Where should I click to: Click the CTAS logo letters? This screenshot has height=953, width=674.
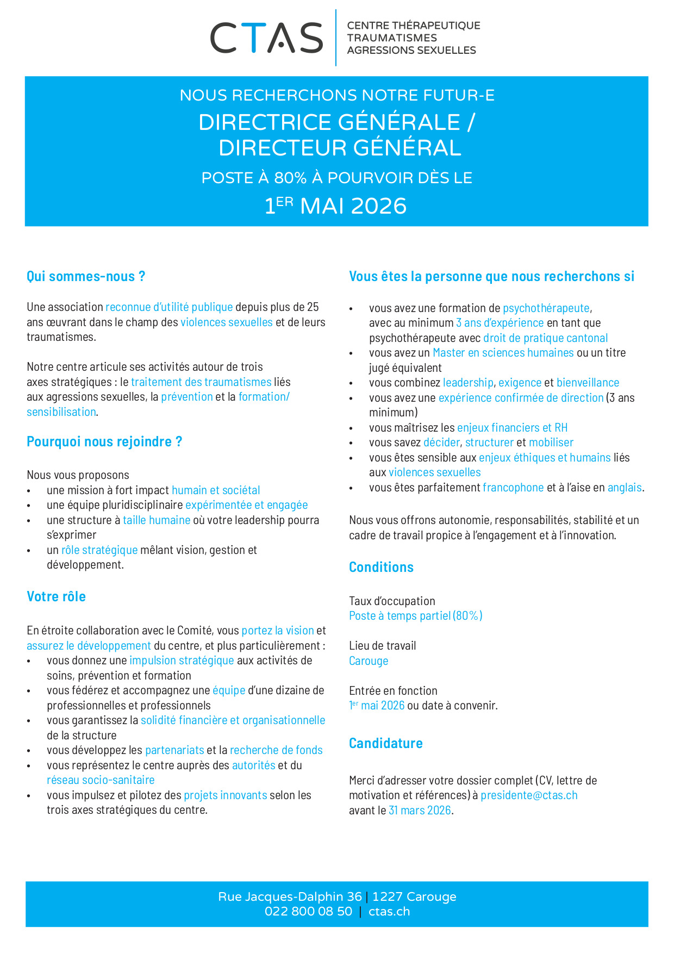click(x=266, y=38)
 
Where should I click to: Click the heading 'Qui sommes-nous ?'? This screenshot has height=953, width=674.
click(x=86, y=276)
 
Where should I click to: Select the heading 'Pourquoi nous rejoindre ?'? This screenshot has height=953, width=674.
click(x=104, y=441)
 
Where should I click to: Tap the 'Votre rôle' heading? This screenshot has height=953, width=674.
click(x=56, y=596)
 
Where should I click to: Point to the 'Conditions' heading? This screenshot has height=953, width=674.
click(x=381, y=567)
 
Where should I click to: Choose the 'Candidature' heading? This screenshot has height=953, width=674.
click(x=385, y=743)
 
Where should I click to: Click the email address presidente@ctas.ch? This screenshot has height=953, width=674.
click(x=529, y=795)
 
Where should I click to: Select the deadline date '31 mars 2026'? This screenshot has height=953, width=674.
click(x=420, y=811)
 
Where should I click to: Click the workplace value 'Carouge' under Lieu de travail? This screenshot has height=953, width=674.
click(x=369, y=661)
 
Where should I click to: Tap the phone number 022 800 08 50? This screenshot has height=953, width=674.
click(x=308, y=912)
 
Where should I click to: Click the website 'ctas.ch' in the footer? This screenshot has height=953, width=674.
click(x=389, y=912)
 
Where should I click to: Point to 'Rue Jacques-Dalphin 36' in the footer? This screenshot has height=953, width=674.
click(x=290, y=897)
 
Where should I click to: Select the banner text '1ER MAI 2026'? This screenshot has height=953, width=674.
click(x=336, y=206)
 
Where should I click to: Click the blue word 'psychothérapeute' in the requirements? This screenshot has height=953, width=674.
click(x=546, y=308)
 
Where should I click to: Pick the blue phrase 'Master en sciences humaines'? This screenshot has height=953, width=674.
click(x=503, y=353)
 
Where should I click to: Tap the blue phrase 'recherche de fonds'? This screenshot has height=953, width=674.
click(x=276, y=750)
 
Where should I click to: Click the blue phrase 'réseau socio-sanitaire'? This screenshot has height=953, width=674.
click(x=101, y=780)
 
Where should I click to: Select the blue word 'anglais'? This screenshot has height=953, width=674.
click(x=625, y=488)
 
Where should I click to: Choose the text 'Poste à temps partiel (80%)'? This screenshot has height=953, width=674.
click(x=415, y=616)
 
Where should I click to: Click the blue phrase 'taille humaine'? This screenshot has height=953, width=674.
click(x=157, y=520)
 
